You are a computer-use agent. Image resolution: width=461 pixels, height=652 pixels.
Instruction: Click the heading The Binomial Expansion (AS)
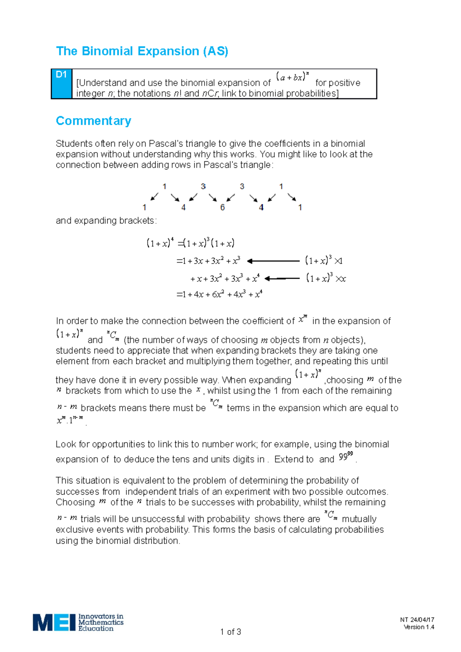tap(142, 51)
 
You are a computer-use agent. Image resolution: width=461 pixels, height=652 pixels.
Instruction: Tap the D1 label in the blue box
tap(61, 75)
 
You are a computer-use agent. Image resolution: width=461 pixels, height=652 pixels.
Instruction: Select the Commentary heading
tap(93, 121)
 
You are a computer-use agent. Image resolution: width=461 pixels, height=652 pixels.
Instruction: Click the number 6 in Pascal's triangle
tap(222, 207)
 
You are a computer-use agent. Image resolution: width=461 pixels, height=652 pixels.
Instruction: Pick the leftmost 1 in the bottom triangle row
tap(144, 207)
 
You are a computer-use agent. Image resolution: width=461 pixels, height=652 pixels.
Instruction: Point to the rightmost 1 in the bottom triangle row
tap(300, 207)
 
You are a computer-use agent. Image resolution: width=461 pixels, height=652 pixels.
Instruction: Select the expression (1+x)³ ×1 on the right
tap(324, 261)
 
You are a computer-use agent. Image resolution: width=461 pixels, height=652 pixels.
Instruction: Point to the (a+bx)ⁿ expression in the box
tap(293, 77)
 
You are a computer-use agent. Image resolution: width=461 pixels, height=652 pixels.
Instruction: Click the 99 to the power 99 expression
tap(346, 457)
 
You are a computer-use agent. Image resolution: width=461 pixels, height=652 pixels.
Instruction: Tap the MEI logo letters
tap(54, 622)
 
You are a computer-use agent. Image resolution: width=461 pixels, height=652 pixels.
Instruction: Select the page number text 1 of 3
tap(230, 632)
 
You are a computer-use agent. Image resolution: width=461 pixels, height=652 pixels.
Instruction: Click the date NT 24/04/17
tap(417, 619)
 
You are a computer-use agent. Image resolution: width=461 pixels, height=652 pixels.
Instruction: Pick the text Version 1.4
tap(419, 627)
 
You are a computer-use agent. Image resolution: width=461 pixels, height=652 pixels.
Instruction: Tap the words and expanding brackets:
tap(106, 221)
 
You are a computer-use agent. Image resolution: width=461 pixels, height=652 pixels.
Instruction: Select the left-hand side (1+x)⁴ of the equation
tap(160, 243)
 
